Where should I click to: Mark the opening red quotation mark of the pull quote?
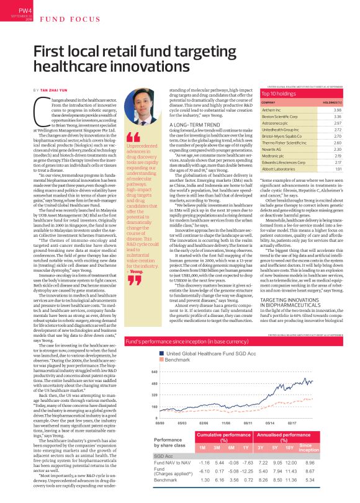[x=131, y=136]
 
